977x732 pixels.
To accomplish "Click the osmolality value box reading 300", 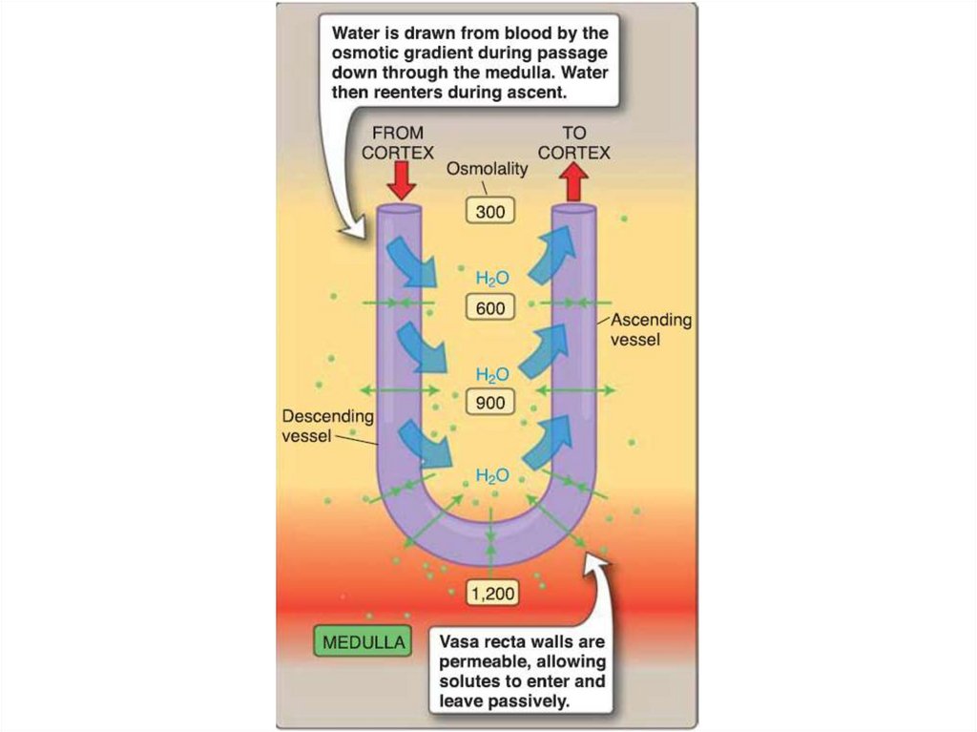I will pyautogui.click(x=490, y=212).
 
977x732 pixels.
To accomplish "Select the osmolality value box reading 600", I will pyautogui.click(x=491, y=308).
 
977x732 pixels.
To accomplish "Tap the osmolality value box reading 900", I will pyautogui.click(x=490, y=403).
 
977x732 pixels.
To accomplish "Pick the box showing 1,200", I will pyautogui.click(x=491, y=594).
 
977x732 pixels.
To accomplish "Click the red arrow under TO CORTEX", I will pyautogui.click(x=572, y=180).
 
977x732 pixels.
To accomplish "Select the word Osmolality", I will pyautogui.click(x=488, y=168).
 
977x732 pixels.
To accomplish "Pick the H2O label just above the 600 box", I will pyautogui.click(x=492, y=279).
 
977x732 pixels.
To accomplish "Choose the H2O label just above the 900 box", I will pyautogui.click(x=492, y=374).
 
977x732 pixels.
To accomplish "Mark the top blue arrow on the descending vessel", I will pyautogui.click(x=411, y=262).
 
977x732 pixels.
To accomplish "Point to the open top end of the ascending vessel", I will pyautogui.click(x=574, y=208).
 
